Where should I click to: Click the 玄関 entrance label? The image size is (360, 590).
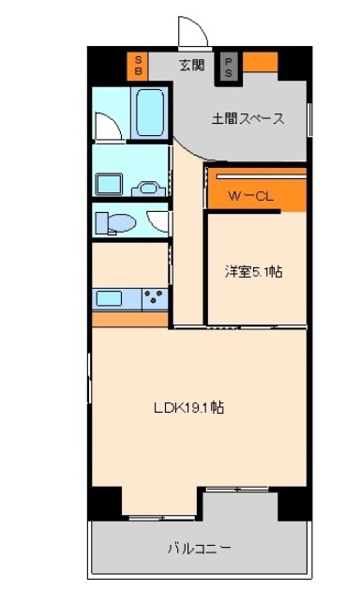click(191, 65)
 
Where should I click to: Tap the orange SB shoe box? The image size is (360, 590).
click(138, 66)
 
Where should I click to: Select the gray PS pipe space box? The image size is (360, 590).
click(229, 67)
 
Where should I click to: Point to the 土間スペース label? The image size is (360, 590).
click(247, 118)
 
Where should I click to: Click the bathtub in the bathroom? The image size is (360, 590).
click(151, 113)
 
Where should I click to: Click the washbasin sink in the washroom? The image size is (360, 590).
click(148, 189)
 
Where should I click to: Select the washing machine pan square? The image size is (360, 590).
click(109, 184)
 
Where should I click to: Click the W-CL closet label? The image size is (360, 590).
click(250, 196)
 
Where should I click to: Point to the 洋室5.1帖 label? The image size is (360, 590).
click(253, 271)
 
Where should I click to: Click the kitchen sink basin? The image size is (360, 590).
click(109, 299)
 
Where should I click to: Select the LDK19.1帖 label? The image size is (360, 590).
click(188, 407)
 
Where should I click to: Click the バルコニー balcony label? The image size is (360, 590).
click(199, 548)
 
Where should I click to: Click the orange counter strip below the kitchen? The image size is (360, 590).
click(129, 319)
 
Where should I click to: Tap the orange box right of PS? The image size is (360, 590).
click(261, 62)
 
